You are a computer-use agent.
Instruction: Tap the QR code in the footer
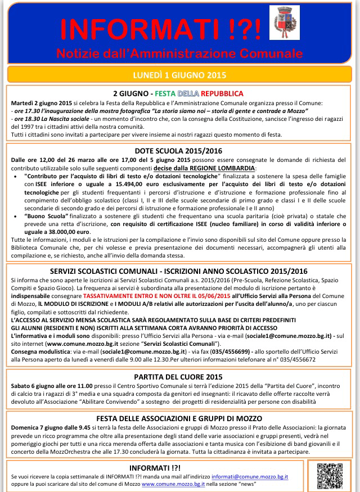[x=328, y=476]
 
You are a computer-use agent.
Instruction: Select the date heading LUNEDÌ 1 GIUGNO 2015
[x=179, y=75]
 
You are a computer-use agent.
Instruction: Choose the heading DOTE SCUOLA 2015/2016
[x=179, y=151]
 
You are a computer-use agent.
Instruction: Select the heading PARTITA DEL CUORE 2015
[x=179, y=377]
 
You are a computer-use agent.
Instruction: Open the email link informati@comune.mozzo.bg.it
[x=259, y=476]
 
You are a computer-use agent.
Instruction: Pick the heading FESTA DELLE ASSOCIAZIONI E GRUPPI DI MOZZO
[x=179, y=418]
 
